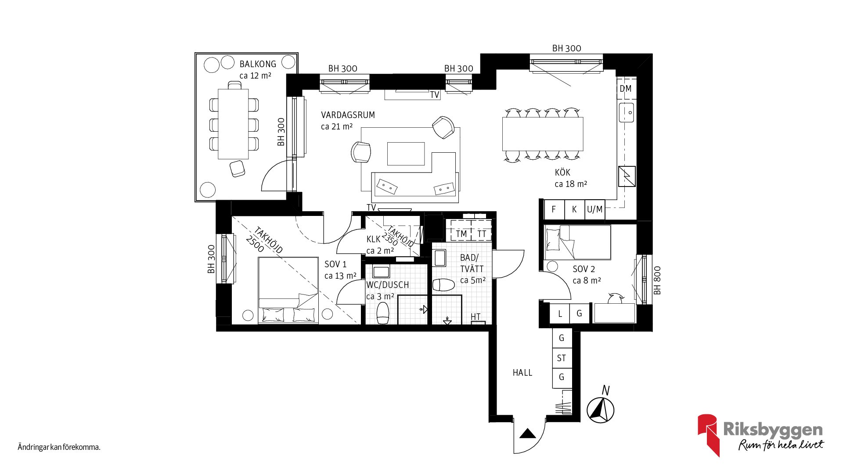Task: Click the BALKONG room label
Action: (258, 64)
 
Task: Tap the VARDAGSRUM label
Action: (348, 115)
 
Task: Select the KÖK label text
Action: (562, 172)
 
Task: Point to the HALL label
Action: (522, 373)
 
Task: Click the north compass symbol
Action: (600, 409)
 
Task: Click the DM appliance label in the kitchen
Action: (625, 89)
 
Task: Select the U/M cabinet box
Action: (595, 209)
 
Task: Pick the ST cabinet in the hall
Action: (562, 358)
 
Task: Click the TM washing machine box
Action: (461, 233)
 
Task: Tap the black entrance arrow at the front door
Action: (528, 434)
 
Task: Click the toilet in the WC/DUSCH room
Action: (383, 313)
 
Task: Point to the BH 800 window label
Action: (657, 280)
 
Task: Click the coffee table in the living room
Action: (406, 154)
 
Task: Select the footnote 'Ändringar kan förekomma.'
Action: (59, 447)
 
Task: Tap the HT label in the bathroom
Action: (476, 316)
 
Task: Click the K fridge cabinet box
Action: (574, 209)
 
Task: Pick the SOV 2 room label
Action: (584, 269)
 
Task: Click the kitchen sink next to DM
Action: (627, 112)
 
